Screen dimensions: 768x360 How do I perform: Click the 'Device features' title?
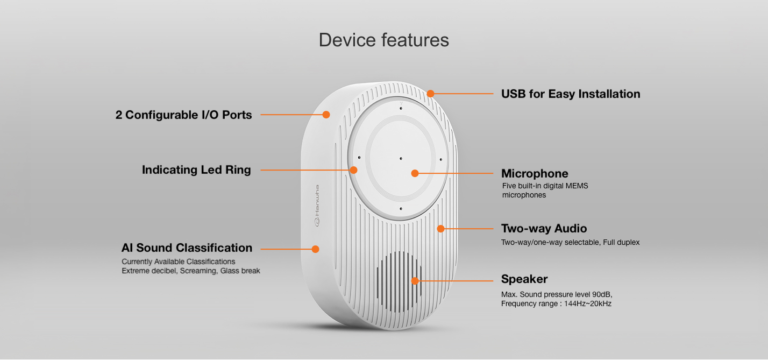383,40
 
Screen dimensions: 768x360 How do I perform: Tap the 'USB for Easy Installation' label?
571,94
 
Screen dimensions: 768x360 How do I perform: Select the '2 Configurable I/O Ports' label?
183,115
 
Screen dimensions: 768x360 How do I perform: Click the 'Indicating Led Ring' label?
196,170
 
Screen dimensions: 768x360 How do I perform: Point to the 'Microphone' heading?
535,173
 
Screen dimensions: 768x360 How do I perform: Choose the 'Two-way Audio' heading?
544,229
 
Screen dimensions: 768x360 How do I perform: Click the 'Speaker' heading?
524,279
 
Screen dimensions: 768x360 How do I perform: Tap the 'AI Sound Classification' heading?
187,248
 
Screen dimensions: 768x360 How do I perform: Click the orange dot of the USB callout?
431,94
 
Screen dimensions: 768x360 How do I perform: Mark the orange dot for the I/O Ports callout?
326,115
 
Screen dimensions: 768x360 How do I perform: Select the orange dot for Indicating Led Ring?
353,170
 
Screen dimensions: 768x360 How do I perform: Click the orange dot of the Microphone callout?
415,173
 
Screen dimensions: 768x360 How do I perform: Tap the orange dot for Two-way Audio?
441,229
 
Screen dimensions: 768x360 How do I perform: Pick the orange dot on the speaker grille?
415,281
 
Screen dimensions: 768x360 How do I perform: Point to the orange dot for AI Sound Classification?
315,249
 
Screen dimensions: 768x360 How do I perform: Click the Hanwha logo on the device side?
317,206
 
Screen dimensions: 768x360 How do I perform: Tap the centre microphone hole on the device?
401,159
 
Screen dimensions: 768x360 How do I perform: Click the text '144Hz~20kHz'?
588,303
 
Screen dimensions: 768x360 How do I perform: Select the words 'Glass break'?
240,271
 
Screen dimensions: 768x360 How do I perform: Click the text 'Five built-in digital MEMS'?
545,186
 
